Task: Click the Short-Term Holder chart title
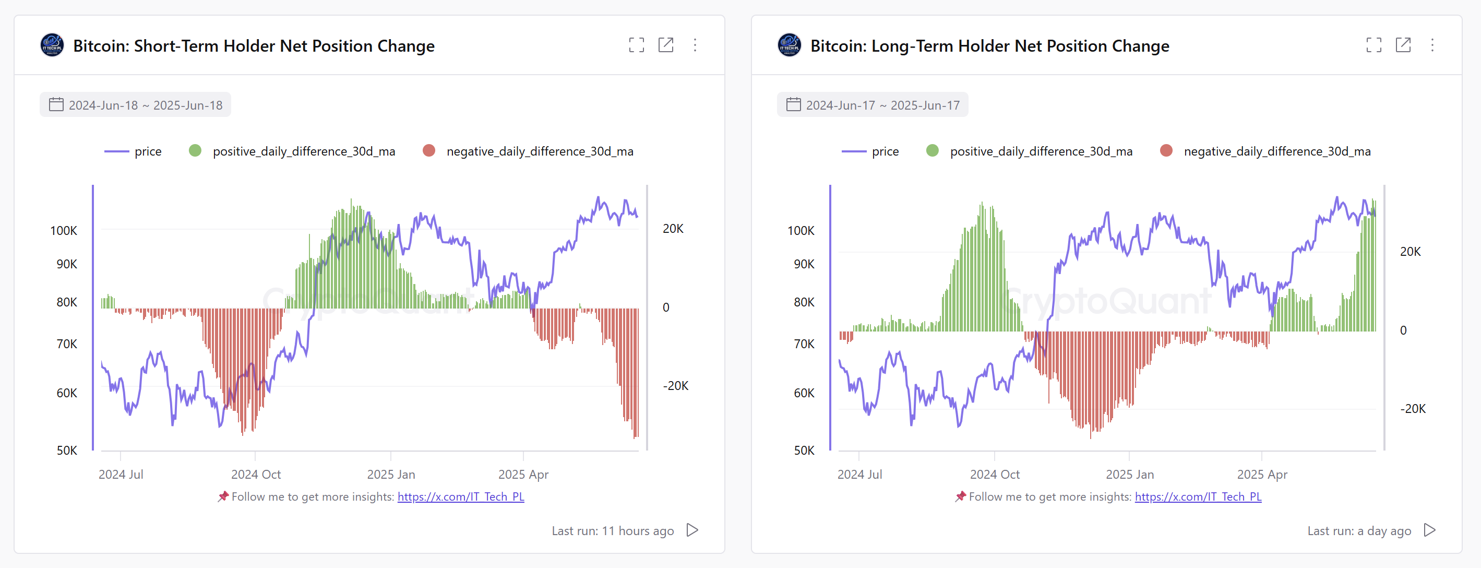click(254, 46)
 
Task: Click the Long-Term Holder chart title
click(989, 46)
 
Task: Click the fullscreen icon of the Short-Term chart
click(637, 45)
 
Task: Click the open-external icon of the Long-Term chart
click(1403, 45)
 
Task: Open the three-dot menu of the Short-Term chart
click(695, 45)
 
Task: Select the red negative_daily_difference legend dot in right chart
click(1166, 151)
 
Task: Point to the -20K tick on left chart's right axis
click(676, 386)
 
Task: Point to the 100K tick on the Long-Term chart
click(801, 231)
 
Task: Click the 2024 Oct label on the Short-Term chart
click(256, 475)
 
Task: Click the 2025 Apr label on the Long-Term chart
click(1262, 475)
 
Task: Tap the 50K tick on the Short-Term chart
click(67, 450)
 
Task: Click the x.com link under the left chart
click(460, 496)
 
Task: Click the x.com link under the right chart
click(1198, 496)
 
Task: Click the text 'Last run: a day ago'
click(1358, 530)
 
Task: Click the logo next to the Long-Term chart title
click(789, 45)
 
